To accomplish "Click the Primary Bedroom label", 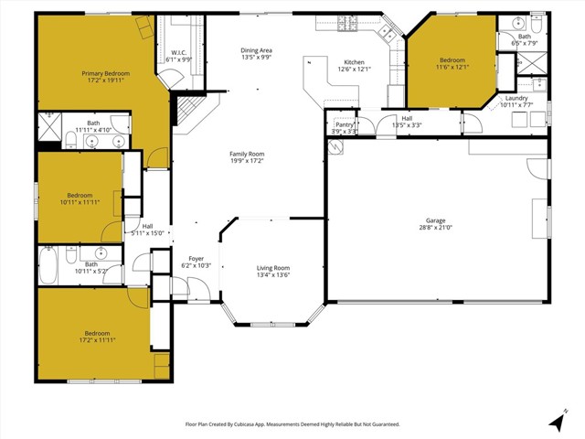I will pos(104,73).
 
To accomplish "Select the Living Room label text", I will pos(273,268).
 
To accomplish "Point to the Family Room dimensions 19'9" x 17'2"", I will pos(246,161).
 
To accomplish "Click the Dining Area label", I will pos(256,50).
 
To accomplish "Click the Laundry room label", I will pos(516,98).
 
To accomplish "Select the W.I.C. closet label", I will pos(178,52).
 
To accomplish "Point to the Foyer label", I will pos(197,259).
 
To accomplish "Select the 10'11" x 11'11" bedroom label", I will pos(80,195).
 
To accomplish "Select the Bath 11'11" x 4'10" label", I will pos(93,123).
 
